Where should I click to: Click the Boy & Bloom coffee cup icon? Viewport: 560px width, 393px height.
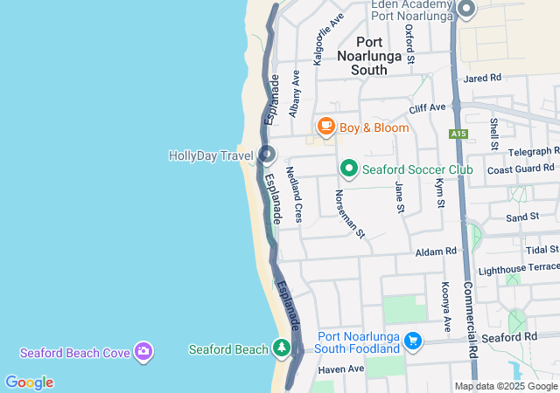[x=326, y=128]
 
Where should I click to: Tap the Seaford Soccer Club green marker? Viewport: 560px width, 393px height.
[x=348, y=169]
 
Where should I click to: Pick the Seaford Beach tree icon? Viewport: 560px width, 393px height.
[x=282, y=349]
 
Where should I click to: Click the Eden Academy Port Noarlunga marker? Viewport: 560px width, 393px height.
[x=466, y=10]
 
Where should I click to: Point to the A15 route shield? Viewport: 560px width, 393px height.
[x=458, y=134]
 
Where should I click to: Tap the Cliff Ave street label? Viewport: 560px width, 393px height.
[x=428, y=107]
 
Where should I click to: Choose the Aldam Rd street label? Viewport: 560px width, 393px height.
[x=437, y=251]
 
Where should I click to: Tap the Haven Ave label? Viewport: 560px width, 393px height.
[x=340, y=369]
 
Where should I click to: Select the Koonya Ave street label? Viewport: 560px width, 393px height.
[x=445, y=307]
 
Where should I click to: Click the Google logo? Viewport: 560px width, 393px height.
[x=29, y=383]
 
